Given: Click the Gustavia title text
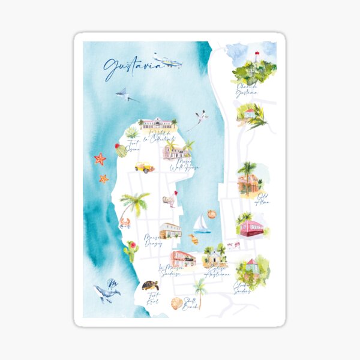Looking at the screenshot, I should click(132, 67).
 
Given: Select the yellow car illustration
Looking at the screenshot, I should click(144, 167).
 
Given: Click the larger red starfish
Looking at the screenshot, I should click(100, 159).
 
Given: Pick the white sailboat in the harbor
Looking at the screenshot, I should click(202, 224).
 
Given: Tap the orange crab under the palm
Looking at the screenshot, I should click(125, 223).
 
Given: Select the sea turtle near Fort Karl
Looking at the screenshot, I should click(151, 285).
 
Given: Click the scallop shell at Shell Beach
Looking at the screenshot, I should click(176, 303).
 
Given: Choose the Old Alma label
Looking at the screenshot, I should click(263, 199).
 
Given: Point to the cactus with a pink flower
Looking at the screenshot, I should click(131, 249).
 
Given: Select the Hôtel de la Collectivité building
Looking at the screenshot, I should click(158, 124).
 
